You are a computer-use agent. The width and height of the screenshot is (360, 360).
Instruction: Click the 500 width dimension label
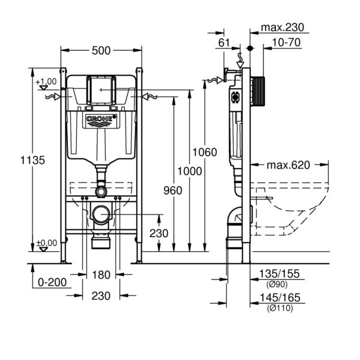pyautogui.click(x=101, y=51)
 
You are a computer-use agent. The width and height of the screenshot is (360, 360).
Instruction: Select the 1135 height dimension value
pyautogui.click(x=32, y=160)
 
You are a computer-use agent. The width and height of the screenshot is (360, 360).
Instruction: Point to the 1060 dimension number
pyautogui.click(x=205, y=152)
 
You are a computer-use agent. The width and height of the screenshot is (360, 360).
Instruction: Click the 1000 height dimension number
pyautogui.click(x=190, y=171)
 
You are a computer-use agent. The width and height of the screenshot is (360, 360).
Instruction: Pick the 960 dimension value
pyautogui.click(x=173, y=191)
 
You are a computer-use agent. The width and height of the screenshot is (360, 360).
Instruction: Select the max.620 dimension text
pyautogui.click(x=288, y=165)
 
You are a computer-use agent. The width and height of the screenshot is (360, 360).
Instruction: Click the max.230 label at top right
pyautogui.click(x=283, y=28)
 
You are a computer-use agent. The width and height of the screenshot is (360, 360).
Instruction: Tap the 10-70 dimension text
pyautogui.click(x=286, y=43)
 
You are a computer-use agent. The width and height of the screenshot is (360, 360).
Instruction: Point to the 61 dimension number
pyautogui.click(x=224, y=43)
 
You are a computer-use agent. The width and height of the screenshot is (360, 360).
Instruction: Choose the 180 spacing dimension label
pyautogui.click(x=101, y=275)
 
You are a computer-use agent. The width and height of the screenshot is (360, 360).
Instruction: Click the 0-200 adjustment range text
pyautogui.click(x=52, y=283)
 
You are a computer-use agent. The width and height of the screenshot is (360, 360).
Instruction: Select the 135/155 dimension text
pyautogui.click(x=280, y=274)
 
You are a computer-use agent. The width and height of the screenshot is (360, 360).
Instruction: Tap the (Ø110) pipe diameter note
pyautogui.click(x=280, y=308)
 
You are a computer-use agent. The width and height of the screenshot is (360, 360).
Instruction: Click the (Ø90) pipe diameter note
pyautogui.click(x=277, y=284)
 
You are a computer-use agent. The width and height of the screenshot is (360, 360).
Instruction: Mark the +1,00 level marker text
pyautogui.click(x=46, y=82)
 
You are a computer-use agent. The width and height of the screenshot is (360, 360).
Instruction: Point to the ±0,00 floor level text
pyautogui.click(x=47, y=243)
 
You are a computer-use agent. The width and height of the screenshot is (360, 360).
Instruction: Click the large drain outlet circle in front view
pyautogui.click(x=101, y=215)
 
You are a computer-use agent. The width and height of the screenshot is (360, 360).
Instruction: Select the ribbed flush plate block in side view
pyautogui.click(x=259, y=91)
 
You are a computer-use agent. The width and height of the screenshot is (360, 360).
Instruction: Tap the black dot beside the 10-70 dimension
pyautogui.click(x=250, y=48)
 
